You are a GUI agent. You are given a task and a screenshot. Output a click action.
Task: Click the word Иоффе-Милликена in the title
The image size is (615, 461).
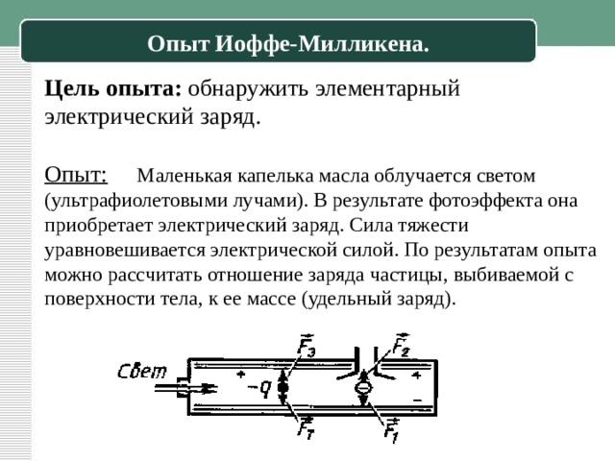pos(322,44)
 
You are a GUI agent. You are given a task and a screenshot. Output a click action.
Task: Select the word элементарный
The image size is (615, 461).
pos(387,89)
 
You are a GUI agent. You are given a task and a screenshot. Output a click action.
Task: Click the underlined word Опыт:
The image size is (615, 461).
pos(76,175)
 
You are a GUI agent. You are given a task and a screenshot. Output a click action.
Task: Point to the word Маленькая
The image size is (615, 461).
pos(184,176)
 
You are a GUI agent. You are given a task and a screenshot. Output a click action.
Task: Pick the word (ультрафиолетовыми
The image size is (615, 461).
pos(135,201)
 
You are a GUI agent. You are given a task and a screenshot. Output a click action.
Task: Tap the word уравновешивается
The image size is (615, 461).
pos(125,251)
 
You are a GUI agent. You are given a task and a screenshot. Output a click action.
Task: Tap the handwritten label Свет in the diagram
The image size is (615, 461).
pos(142,372)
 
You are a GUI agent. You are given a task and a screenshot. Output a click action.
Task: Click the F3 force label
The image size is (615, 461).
pos(306,345)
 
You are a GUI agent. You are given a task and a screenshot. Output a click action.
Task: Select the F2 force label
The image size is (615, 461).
pos(401,345)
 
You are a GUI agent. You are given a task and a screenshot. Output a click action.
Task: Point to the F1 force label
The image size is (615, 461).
pos(391,430)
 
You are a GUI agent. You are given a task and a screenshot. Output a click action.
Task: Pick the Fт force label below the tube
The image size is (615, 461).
pos(306,427)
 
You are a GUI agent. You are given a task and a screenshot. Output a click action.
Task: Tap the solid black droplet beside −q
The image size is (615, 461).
pos(283,388)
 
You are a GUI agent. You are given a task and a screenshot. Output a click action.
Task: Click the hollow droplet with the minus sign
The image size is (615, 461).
pos(363,388)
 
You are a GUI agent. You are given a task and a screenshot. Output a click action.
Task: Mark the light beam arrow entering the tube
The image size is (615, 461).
pos(185,388)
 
